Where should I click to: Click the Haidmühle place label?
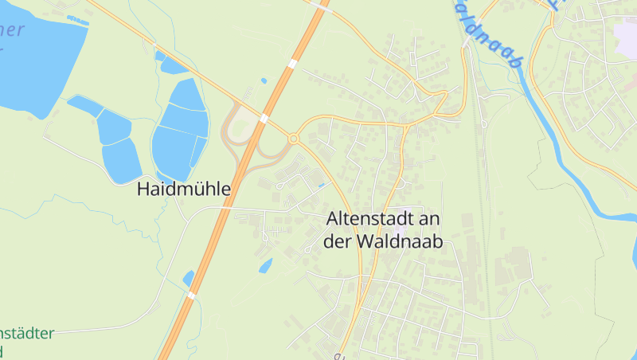coord(183,190)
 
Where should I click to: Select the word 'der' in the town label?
coord(338,241)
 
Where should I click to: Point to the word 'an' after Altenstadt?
coord(432,218)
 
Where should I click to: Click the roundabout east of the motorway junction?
coord(293,139)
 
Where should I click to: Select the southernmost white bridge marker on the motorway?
coord(191,295)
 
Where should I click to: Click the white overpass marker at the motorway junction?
coord(264,118)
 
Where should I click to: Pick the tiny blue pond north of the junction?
coord(264,80)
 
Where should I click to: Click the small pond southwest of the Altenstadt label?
coord(265,265)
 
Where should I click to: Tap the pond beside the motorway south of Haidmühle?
coord(189,278)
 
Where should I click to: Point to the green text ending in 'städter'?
coord(28,333)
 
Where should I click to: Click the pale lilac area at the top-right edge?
coord(626,32)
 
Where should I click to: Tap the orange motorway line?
coord(231,199)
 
